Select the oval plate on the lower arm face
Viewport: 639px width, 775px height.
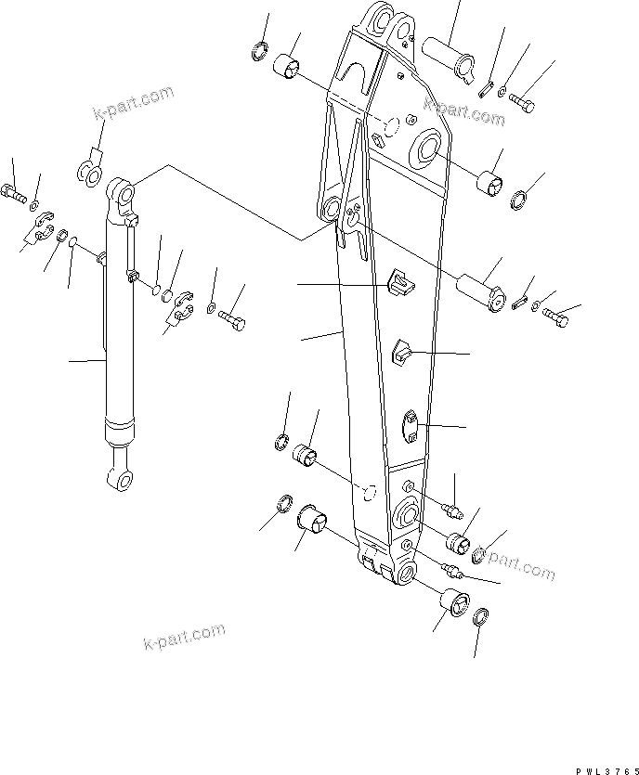pos(411,428)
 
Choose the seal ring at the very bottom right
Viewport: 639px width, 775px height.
pos(482,618)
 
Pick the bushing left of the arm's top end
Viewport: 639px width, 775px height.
pos(286,68)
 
